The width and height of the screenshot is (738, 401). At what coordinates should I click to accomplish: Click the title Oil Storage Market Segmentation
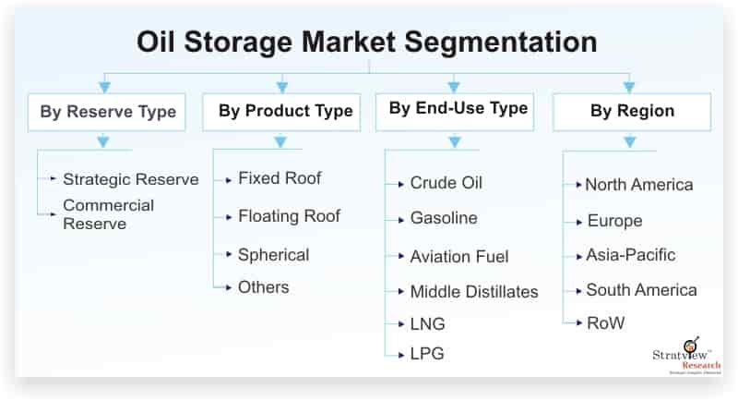coord(367,42)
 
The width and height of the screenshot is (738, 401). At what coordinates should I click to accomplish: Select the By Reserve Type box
coord(107,112)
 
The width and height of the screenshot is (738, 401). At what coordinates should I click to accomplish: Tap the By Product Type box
coord(285,112)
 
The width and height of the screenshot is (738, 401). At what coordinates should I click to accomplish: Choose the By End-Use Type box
coord(458,109)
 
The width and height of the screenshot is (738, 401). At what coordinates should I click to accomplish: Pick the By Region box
coord(632,112)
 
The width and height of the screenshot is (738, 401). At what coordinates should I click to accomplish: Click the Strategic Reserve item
coord(130,179)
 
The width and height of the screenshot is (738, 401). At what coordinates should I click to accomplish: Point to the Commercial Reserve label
coord(108,214)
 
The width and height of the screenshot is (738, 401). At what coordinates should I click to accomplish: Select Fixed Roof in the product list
coord(280,177)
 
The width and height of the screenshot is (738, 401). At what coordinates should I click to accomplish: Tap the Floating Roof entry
coord(289,216)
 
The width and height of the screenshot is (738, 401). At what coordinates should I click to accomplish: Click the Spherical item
coord(273,254)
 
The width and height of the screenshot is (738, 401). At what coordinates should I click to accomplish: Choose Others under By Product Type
coord(263,287)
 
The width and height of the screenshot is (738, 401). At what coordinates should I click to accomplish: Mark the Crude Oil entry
coord(446,183)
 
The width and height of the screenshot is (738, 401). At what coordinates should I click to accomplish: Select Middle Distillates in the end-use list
coord(474,292)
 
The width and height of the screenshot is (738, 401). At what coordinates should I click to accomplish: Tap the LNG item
coord(427,324)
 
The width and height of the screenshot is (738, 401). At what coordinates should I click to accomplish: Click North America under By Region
coord(638,185)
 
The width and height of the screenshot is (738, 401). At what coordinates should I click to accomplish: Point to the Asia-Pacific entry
coord(630,255)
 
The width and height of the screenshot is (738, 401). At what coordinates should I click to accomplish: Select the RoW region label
coord(605,323)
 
